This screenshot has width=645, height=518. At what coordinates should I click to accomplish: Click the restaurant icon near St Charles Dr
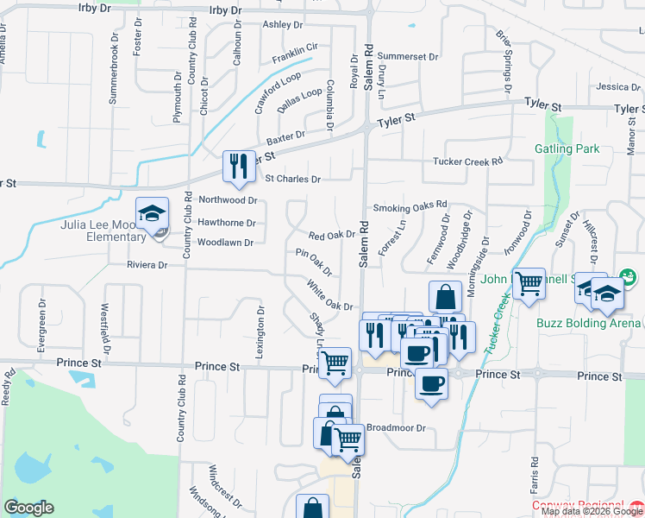[x=238, y=167]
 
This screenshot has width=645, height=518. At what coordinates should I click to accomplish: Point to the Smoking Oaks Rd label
[x=410, y=207]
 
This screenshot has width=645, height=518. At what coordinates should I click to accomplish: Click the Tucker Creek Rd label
[x=467, y=161]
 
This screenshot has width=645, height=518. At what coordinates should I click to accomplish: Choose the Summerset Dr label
[x=409, y=56]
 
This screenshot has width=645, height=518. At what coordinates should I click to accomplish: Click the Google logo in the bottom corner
[x=28, y=507]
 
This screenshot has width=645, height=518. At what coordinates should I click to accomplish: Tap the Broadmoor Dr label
[x=397, y=427]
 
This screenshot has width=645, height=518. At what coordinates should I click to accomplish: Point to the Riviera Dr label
[x=147, y=265]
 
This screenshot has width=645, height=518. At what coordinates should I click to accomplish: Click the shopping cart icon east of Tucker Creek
[x=528, y=284]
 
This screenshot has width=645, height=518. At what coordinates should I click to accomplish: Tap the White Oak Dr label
[x=329, y=295]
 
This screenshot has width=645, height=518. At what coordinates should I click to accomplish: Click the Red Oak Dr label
[x=333, y=235]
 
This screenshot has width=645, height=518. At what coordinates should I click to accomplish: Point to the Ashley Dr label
[x=284, y=25]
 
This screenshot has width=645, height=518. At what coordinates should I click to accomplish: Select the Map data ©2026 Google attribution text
[x=592, y=510]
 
